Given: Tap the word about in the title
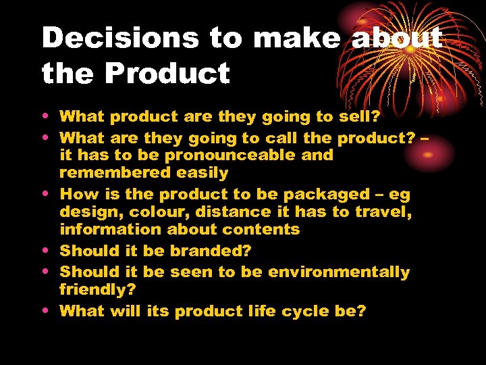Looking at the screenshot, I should pos(397,39).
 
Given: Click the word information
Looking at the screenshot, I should pos(107,229).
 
